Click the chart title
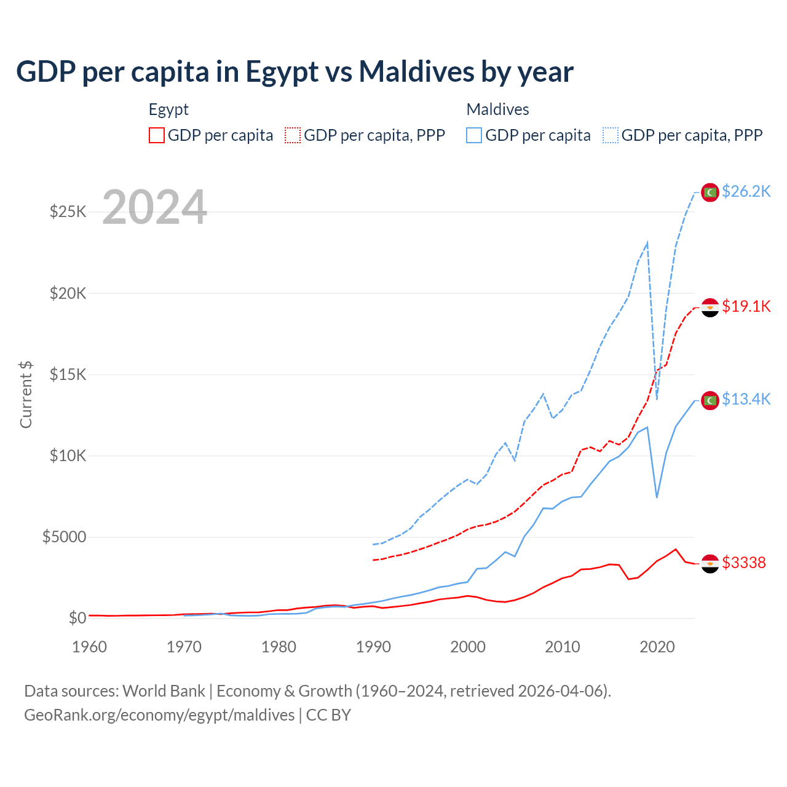tap(295, 72)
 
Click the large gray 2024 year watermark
tap(154, 207)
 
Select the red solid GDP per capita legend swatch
tap(157, 135)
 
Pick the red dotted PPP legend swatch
tap(293, 135)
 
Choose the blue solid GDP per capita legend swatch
tap(474, 135)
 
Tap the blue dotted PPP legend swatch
tap(611, 135)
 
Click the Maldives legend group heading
tap(497, 109)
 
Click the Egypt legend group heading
tap(168, 109)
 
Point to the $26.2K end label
tap(746, 192)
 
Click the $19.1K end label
tap(746, 306)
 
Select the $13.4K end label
tap(746, 400)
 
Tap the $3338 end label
tap(744, 563)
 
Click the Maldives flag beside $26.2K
tap(710, 192)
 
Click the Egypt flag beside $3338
tap(710, 563)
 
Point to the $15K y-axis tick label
tap(68, 374)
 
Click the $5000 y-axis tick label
tap(64, 537)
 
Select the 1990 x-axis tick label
tap(373, 647)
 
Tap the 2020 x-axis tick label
tap(657, 647)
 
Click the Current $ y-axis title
tap(26, 394)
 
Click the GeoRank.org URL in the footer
tap(159, 715)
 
